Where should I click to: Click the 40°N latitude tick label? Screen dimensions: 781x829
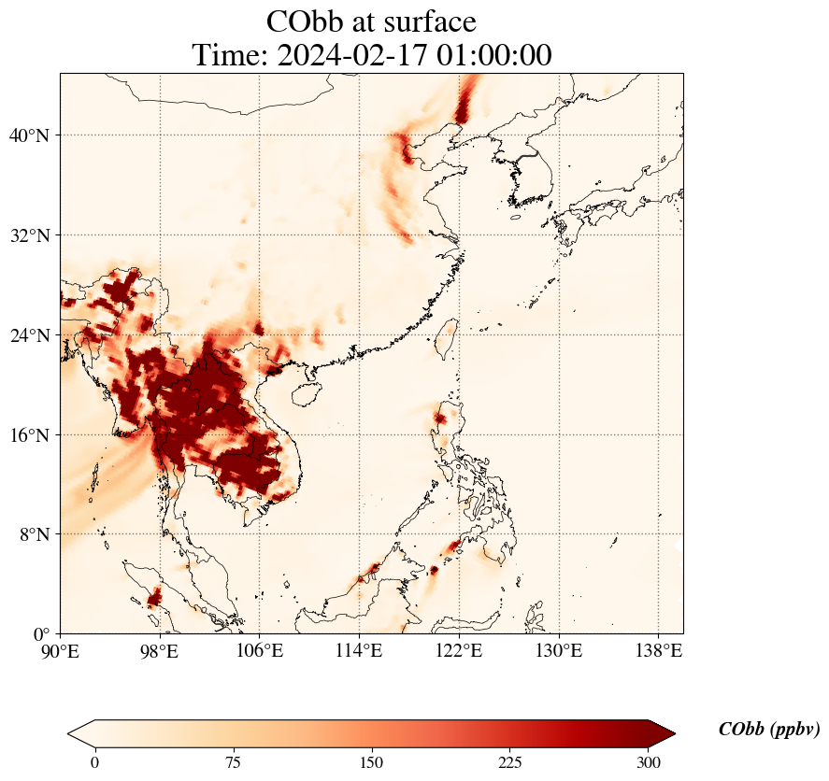pyautogui.click(x=29, y=135)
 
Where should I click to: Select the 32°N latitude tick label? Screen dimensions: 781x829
pyautogui.click(x=29, y=235)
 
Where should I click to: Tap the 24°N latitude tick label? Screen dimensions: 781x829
pyautogui.click(x=29, y=335)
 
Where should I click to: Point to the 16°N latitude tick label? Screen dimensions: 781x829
pyautogui.click(x=29, y=435)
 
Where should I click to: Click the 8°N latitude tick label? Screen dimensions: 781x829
pyautogui.click(x=34, y=535)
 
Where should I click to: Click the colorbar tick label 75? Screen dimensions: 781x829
pyautogui.click(x=233, y=762)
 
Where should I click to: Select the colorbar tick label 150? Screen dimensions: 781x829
pyautogui.click(x=372, y=762)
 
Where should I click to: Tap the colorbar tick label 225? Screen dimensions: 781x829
pyautogui.click(x=510, y=762)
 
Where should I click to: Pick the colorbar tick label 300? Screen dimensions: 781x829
pyautogui.click(x=649, y=762)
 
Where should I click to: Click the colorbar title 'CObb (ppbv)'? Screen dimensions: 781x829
pyautogui.click(x=769, y=730)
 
